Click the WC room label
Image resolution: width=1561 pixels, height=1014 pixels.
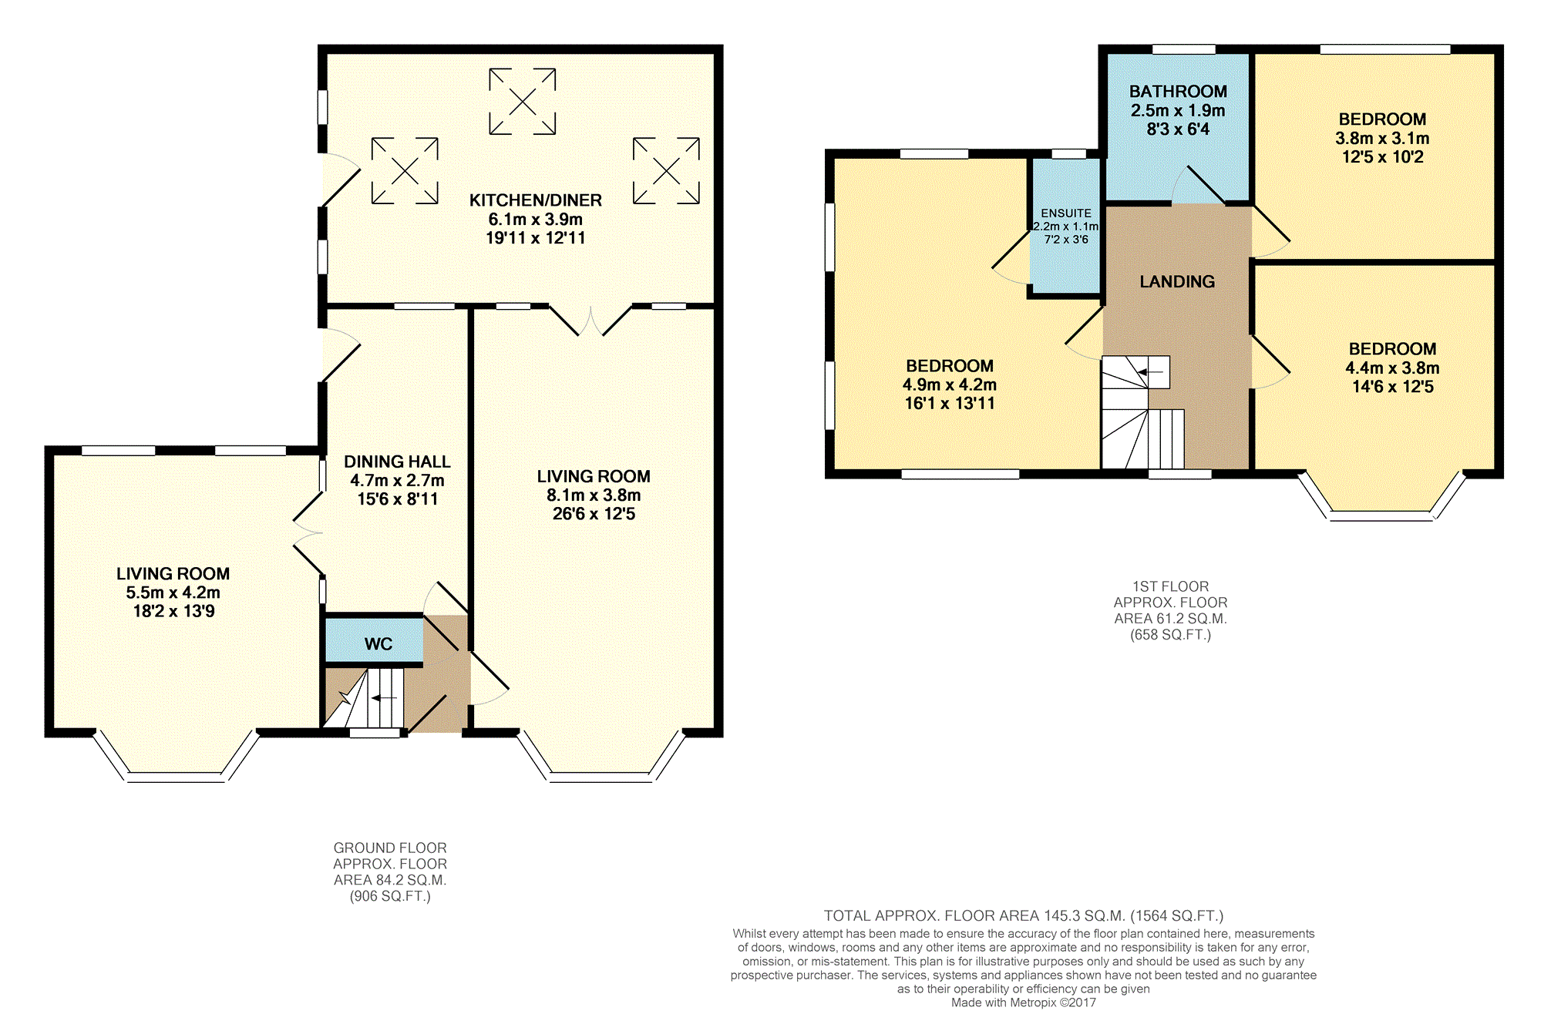[x=378, y=644]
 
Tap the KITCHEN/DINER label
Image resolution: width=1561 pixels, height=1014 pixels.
[x=536, y=200]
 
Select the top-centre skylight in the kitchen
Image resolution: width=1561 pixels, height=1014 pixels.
[x=523, y=101]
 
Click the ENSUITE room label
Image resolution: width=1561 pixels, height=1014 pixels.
[x=1066, y=213]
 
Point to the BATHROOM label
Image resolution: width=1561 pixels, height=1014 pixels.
[x=1178, y=92]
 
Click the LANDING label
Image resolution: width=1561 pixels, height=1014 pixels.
[x=1177, y=282]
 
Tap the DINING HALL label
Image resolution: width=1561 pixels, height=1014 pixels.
[x=397, y=462]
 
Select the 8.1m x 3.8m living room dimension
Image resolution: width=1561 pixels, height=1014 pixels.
[x=594, y=495]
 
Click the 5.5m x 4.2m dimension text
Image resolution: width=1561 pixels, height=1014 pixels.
[x=173, y=593]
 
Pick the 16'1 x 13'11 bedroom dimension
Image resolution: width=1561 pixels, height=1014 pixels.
[x=950, y=403]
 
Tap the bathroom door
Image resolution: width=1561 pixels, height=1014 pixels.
[x=1199, y=185]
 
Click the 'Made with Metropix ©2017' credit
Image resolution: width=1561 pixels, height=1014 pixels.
[x=1023, y=1002]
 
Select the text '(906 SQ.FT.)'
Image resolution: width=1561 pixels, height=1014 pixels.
[x=390, y=896]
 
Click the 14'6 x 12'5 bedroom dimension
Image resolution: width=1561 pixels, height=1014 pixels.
[x=1393, y=387]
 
